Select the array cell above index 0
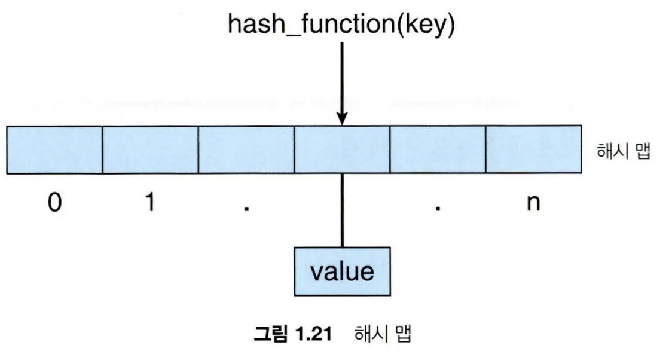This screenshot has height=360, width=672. pyautogui.click(x=55, y=150)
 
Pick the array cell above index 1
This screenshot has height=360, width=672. pyautogui.click(x=151, y=150)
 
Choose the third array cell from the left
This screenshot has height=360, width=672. pyautogui.click(x=246, y=150)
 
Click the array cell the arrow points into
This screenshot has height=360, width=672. pyautogui.click(x=342, y=150)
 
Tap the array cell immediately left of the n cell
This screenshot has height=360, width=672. pyautogui.click(x=438, y=150)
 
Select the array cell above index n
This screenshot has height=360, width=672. pyautogui.click(x=533, y=150)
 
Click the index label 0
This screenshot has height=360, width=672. pyautogui.click(x=54, y=203)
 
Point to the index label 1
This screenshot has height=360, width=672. pyautogui.click(x=150, y=203)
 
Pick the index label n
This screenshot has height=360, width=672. pyautogui.click(x=533, y=204)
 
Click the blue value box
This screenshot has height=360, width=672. pyautogui.click(x=342, y=271)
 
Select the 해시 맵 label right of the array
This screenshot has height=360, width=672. pyautogui.click(x=622, y=151)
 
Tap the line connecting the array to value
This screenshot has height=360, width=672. pyautogui.click(x=342, y=209)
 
